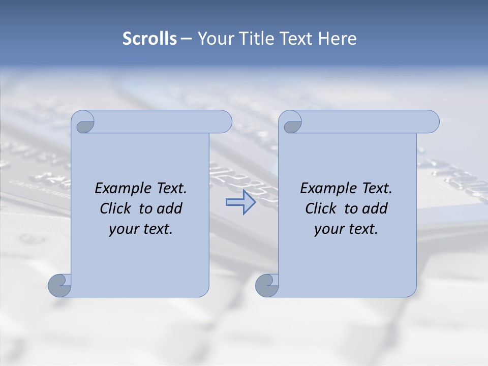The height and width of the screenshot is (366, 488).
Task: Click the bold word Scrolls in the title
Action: coord(149,39)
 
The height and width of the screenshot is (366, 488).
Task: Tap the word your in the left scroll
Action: coord(123,229)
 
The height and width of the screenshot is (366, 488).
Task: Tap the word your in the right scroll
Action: coord(328,229)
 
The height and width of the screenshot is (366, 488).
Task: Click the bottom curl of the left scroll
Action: coord(59,286)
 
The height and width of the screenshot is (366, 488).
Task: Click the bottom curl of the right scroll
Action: coord(266,286)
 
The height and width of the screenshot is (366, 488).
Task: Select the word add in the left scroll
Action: coord(170,209)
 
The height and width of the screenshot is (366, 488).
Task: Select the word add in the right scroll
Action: coord(375,209)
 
